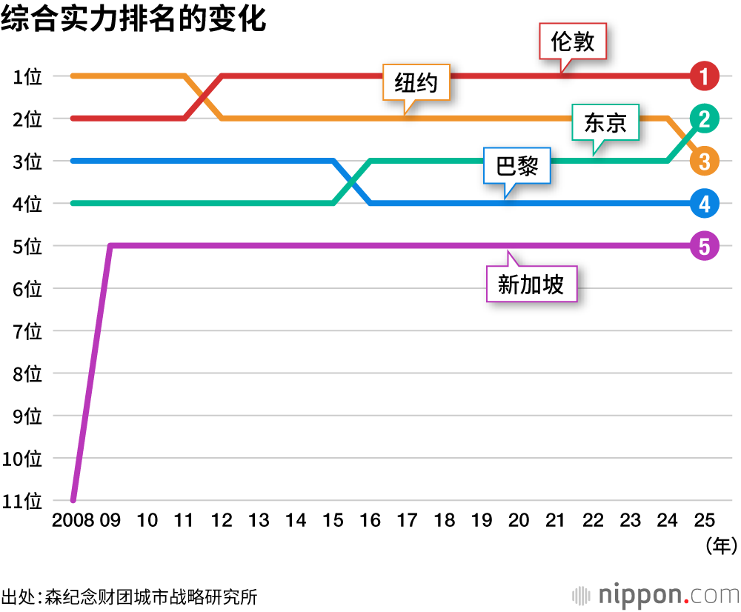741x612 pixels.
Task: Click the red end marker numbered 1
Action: point(704,76)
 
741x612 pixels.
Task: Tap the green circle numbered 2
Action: point(704,118)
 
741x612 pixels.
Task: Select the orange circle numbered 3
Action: point(704,160)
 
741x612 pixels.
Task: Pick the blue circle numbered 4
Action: point(704,203)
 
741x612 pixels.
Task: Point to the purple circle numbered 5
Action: point(704,245)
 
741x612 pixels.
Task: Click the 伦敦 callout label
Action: point(573,41)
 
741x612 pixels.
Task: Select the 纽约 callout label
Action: point(416,82)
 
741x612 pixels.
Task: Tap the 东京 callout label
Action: point(605,123)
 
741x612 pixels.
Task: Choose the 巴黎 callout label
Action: point(516,167)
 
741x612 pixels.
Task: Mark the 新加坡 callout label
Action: point(531,284)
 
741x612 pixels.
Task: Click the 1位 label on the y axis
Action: point(27,76)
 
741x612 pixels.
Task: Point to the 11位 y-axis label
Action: point(22,501)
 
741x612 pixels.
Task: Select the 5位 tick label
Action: point(27,246)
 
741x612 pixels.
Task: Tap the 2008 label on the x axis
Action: point(73,520)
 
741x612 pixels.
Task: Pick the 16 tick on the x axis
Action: point(370,520)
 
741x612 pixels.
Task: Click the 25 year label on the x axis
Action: point(704,520)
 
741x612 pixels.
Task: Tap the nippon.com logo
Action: point(657,595)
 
